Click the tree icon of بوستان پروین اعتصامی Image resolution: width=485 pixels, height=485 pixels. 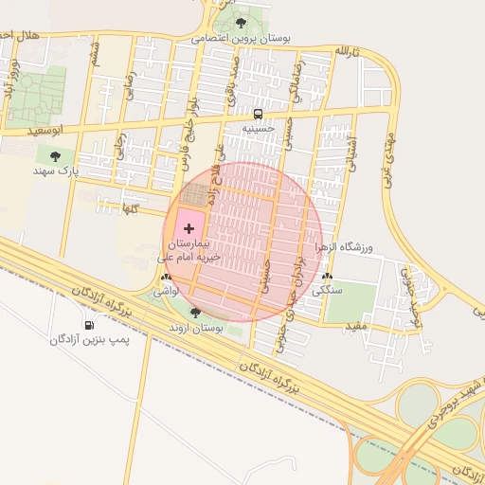(241, 23)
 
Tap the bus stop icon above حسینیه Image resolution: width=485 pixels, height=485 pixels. (259, 114)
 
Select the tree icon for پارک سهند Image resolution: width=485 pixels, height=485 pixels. (54, 155)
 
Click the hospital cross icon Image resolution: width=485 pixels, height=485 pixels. (189, 228)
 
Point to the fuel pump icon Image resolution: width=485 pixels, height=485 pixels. (90, 325)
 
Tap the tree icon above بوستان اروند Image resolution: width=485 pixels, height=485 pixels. (195, 313)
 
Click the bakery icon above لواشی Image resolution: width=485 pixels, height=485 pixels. (167, 278)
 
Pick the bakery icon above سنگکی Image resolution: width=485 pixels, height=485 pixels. (328, 277)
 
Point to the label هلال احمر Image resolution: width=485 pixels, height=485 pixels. (19, 35)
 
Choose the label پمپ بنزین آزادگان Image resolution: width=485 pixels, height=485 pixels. (89, 338)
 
